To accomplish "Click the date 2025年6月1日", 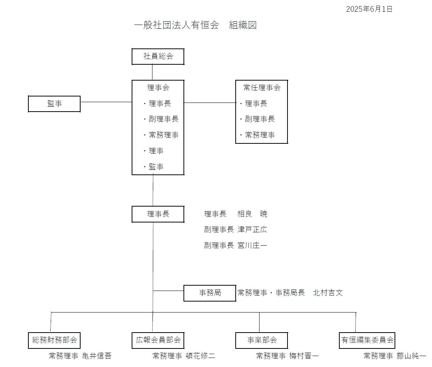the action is (369, 9).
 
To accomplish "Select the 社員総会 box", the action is (158, 56).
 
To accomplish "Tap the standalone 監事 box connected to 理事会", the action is (54, 104).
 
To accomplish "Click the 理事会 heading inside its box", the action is (158, 88).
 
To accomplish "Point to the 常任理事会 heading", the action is (262, 88).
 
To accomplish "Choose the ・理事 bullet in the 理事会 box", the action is (154, 151).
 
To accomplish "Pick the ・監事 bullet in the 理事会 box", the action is (154, 166).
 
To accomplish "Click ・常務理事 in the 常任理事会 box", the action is (257, 135).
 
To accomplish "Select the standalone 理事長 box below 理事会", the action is (158, 214).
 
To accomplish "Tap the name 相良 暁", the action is (252, 214).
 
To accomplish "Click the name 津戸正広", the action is (252, 230).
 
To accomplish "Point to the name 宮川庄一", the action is (252, 245).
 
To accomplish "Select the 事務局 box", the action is (210, 293).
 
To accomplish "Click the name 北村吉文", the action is (328, 292).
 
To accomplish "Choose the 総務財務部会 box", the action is (54, 341).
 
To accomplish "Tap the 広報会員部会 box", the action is (158, 341).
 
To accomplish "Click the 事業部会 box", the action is (262, 341).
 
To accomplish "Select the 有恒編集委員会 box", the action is (367, 341).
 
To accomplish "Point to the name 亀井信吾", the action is (97, 356).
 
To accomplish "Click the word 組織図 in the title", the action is (243, 25).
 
